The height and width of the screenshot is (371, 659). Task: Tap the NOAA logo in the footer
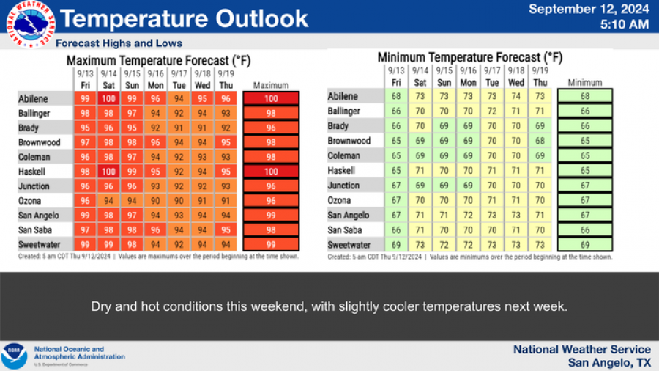tap(14, 356)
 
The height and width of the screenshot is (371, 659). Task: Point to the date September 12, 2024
tap(589, 9)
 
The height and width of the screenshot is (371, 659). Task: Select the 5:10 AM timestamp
tap(625, 24)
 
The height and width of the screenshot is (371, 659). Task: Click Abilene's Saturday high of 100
tap(108, 98)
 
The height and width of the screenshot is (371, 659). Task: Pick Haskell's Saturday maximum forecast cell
tap(108, 172)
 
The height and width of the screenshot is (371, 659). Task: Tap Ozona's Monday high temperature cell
tap(156, 201)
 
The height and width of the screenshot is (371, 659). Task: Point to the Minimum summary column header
tap(584, 83)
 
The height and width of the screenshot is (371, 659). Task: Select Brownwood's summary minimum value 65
tap(584, 142)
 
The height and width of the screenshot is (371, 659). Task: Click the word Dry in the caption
tap(101, 306)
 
